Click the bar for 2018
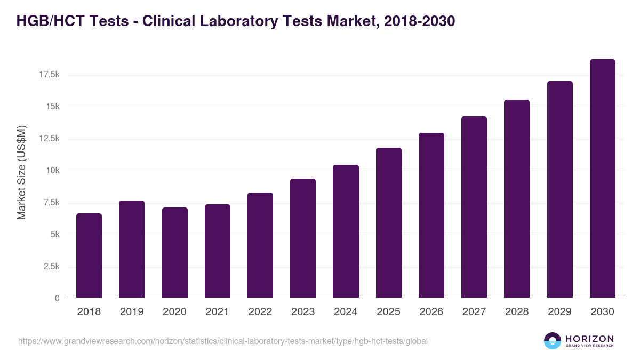[89, 255]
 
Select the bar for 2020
[174, 253]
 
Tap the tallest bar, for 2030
[602, 179]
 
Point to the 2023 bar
[303, 238]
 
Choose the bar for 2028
[516, 199]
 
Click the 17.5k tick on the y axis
[49, 74]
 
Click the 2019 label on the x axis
[131, 312]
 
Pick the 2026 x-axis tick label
[431, 312]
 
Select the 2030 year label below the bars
[602, 312]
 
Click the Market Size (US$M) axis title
[21, 173]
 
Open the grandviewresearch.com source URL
[223, 341]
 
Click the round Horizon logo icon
[553, 341]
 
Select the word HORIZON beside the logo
[589, 339]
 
